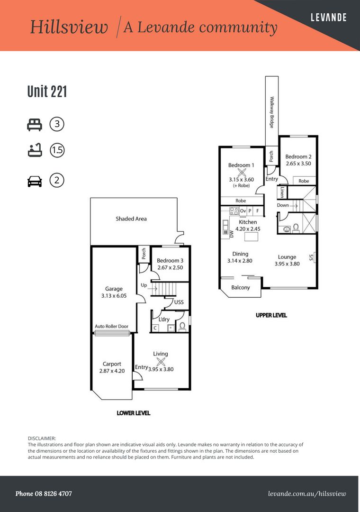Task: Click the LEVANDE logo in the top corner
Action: (328, 18)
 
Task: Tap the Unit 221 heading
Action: (47, 91)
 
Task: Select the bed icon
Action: (35, 125)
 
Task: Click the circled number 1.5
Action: (57, 150)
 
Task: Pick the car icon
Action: (35, 181)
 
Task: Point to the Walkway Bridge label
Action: (271, 112)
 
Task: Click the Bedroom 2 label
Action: (298, 157)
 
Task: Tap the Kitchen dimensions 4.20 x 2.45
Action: (248, 229)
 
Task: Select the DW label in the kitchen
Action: (232, 234)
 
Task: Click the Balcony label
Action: (241, 288)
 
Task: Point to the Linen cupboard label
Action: (282, 192)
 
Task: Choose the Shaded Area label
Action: (131, 219)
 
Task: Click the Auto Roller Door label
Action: (112, 326)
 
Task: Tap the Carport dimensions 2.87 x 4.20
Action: (112, 371)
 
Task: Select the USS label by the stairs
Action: (179, 302)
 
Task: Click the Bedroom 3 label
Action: (170, 261)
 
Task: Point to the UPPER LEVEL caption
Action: (271, 315)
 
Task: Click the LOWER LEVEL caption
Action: (134, 413)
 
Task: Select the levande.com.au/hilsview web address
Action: (307, 494)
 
